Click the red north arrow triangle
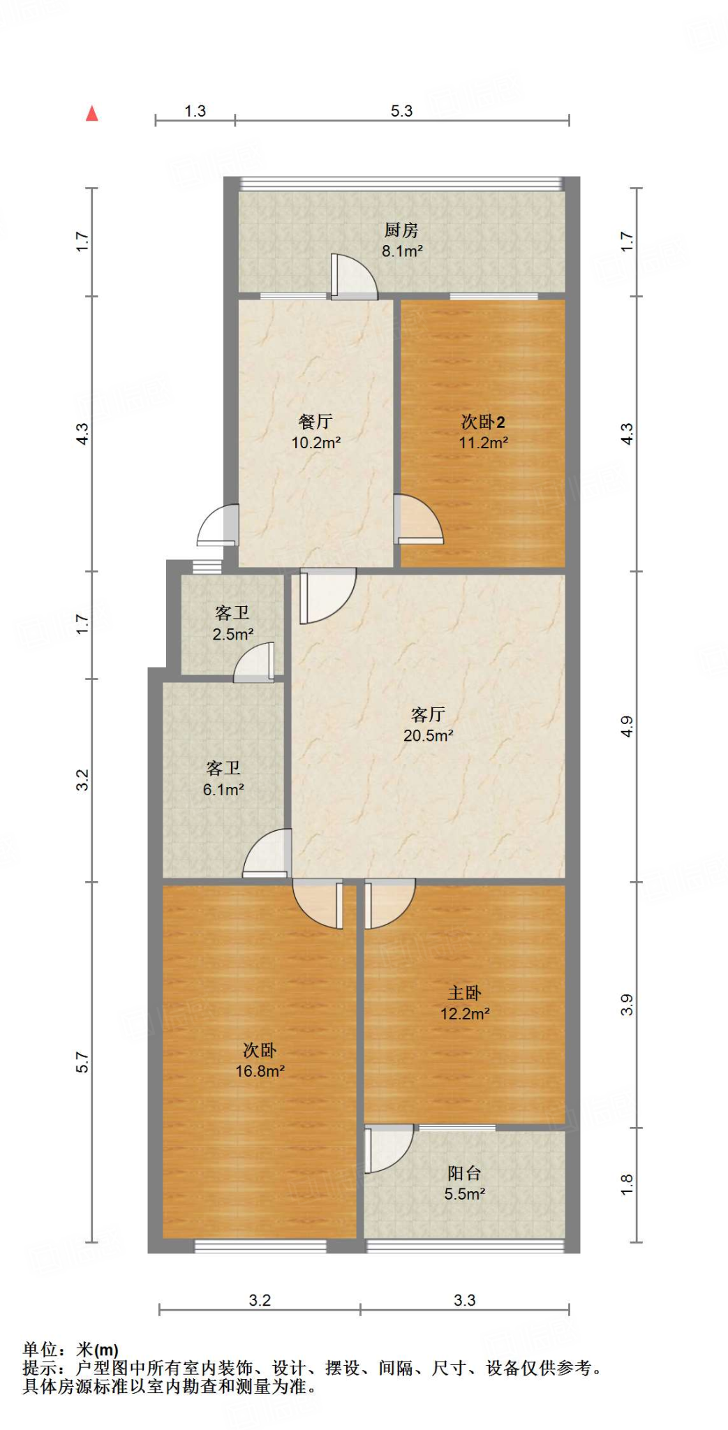click(91, 113)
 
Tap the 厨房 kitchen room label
click(401, 230)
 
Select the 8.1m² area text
click(402, 251)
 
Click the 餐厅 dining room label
click(315, 421)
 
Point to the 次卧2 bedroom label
click(483, 421)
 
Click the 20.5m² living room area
click(428, 735)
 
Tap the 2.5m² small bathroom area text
click(232, 634)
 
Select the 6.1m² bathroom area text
click(223, 790)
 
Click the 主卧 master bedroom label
click(464, 992)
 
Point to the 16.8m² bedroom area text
click(260, 1071)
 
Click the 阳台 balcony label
click(464, 1173)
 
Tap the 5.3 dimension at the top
click(401, 111)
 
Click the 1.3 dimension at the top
click(195, 111)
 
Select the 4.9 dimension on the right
click(627, 726)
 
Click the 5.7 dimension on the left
click(82, 1062)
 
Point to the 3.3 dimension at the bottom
click(464, 1300)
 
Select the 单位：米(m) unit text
click(70, 1350)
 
